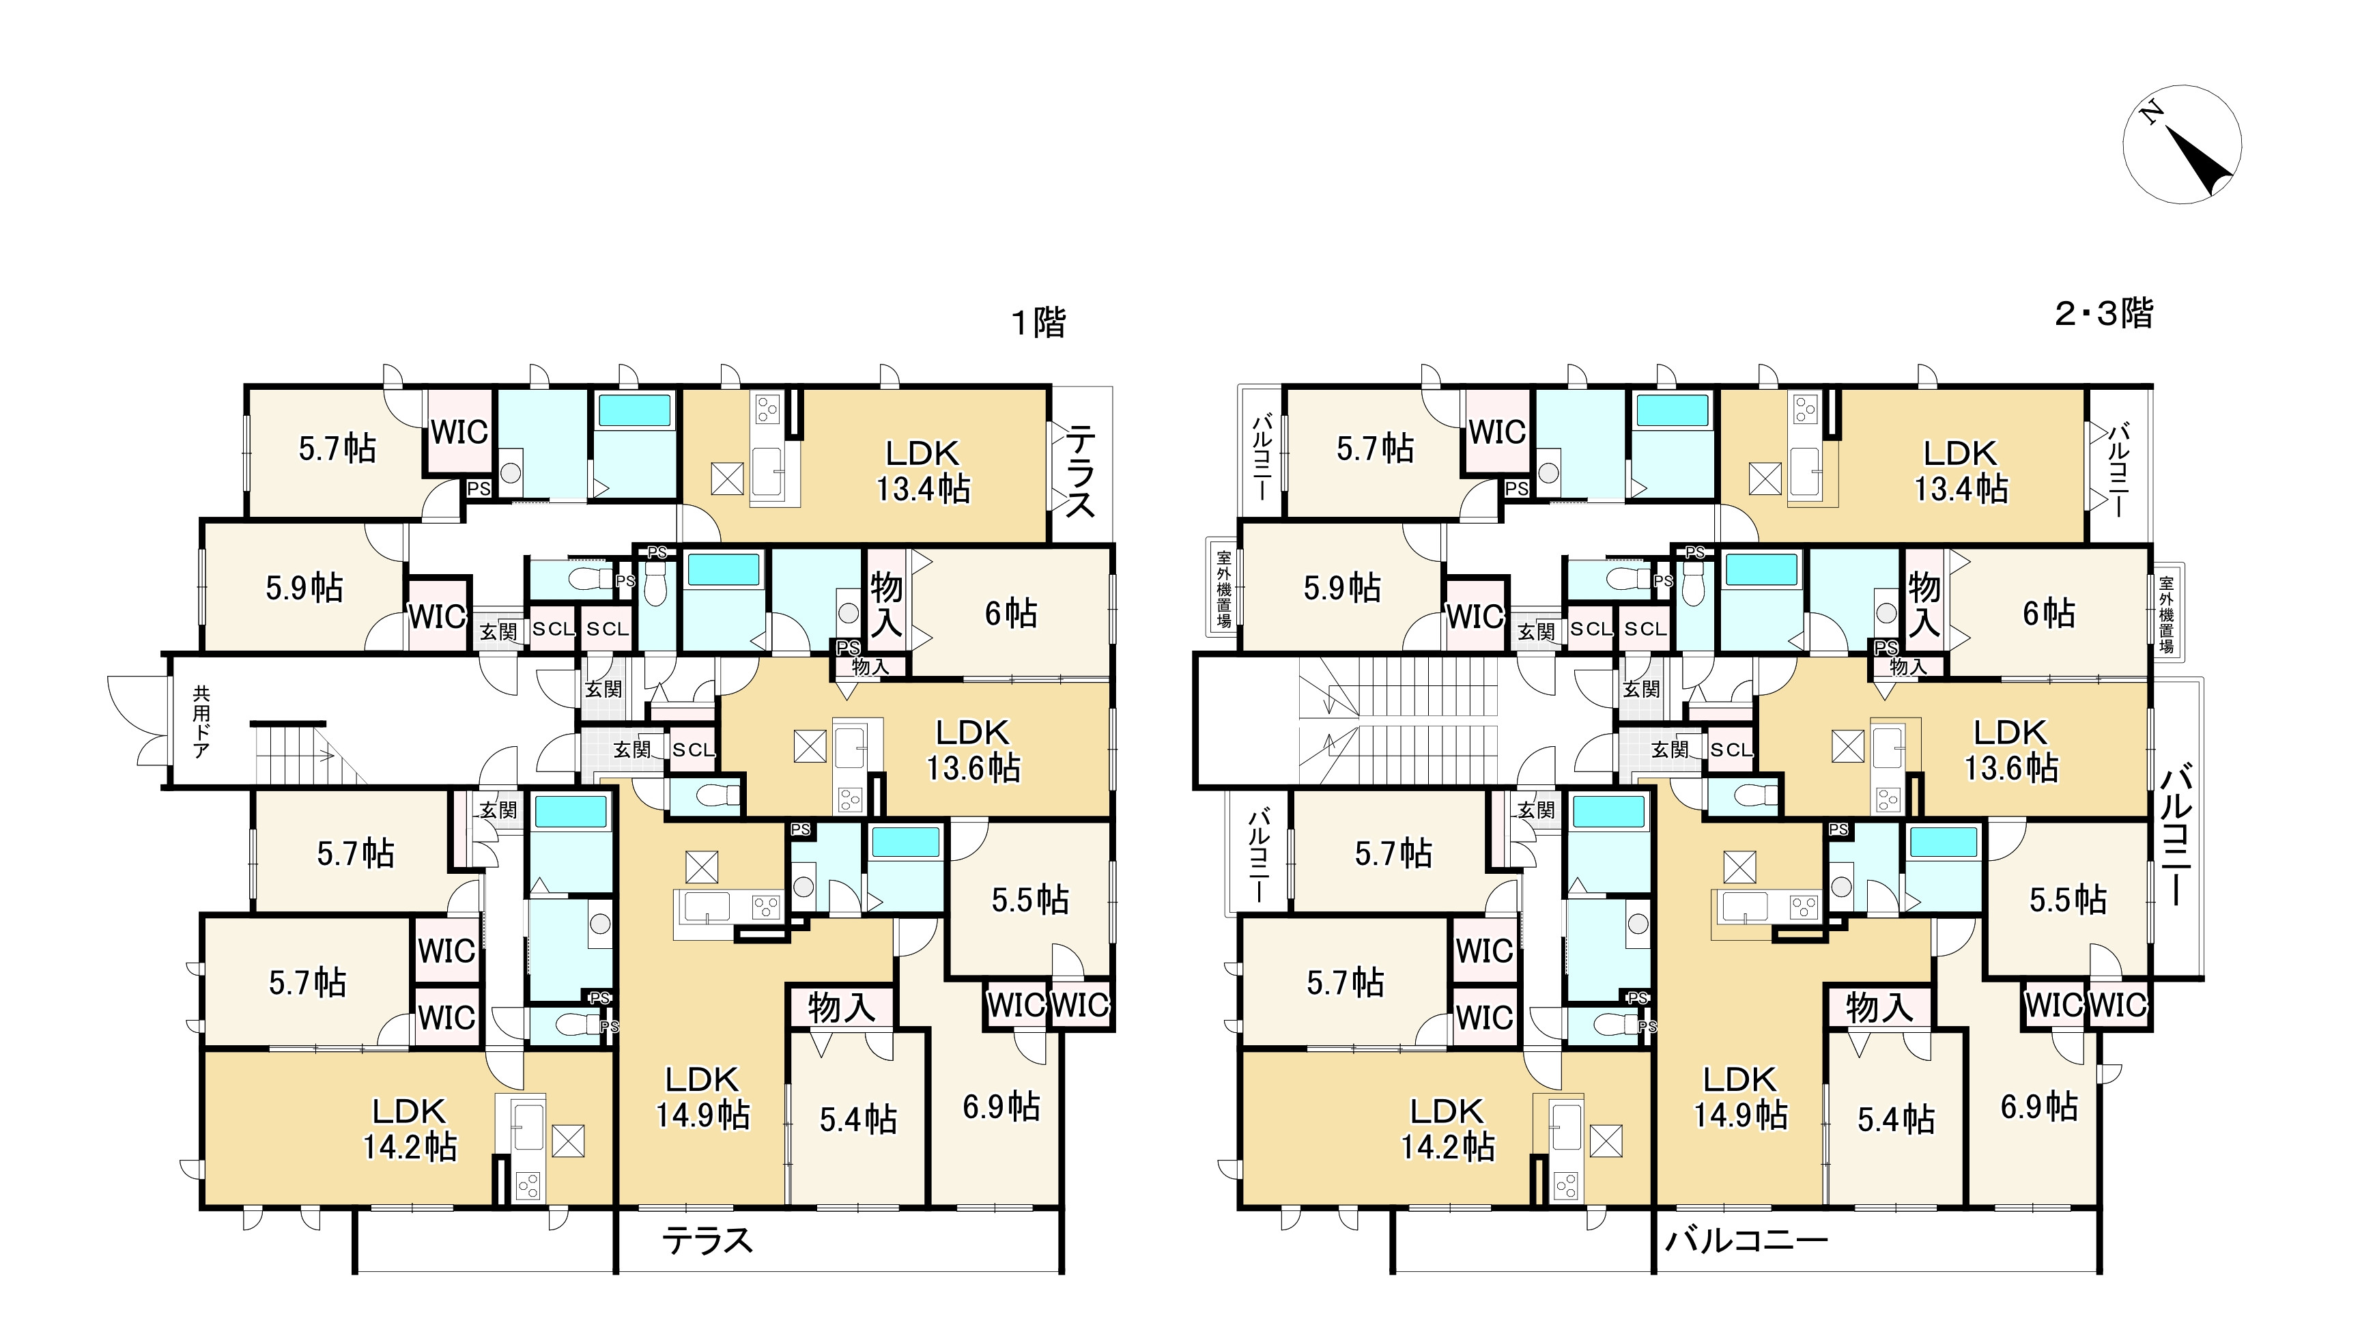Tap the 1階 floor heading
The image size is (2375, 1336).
pos(1038,323)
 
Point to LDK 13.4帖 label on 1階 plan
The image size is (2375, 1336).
pos(923,470)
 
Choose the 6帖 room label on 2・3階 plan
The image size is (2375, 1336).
pos(2049,613)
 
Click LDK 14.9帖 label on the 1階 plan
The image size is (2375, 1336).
pos(702,1097)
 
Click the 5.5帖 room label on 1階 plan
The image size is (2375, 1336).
pos(1030,900)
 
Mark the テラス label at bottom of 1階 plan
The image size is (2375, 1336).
pos(707,1241)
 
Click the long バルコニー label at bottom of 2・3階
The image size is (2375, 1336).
pos(1746,1241)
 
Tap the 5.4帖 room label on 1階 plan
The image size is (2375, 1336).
pos(858,1120)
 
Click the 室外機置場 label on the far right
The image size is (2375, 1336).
pos(2165,615)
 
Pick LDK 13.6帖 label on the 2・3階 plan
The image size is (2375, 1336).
pos(2011,750)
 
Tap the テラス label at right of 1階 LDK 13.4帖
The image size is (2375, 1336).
pos(1081,471)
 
